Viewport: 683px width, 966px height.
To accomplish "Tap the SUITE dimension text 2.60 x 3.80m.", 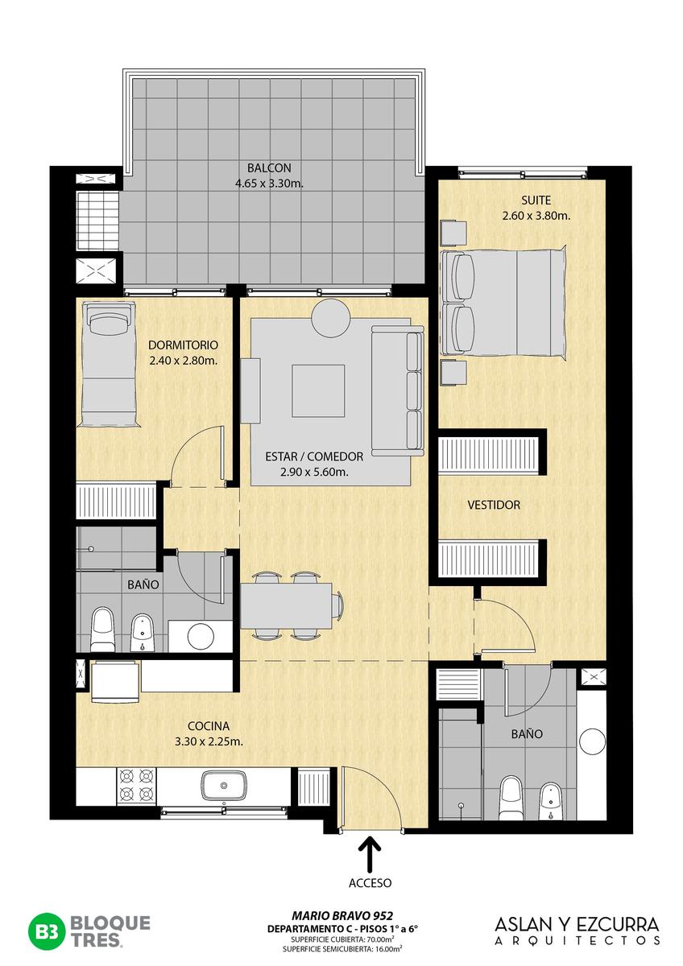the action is click(536, 216).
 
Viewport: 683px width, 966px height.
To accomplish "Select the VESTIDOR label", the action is click(494, 505).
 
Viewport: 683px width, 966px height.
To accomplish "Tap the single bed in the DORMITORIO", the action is click(108, 365).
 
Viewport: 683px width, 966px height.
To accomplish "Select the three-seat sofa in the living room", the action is click(398, 390).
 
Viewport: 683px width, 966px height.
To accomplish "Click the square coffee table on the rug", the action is click(318, 390).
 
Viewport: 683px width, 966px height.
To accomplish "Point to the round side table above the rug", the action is click(331, 317).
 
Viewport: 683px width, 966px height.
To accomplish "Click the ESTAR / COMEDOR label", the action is click(314, 456).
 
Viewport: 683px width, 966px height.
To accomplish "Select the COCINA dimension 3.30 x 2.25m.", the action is click(209, 741).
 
